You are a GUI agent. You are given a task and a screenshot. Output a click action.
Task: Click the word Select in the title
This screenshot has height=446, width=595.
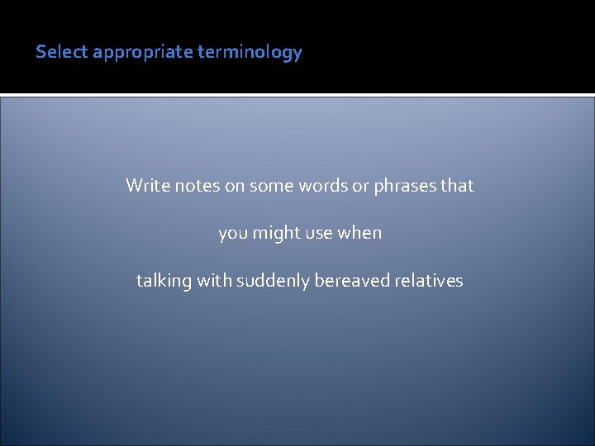(62, 52)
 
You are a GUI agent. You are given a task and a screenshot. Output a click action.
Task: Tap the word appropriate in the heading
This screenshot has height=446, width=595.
(143, 53)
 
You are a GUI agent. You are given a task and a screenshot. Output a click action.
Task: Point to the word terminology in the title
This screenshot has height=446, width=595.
(250, 53)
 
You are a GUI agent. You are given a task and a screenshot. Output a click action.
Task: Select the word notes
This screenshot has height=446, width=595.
(197, 186)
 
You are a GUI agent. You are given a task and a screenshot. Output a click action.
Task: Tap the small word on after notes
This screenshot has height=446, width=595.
(235, 186)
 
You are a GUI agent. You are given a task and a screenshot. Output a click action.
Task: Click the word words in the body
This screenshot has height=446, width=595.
(322, 186)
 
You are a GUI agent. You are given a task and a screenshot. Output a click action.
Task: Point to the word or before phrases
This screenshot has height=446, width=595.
(360, 186)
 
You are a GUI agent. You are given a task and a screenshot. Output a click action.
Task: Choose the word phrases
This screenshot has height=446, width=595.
(404, 186)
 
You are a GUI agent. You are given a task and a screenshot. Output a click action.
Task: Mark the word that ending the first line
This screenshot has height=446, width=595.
(457, 186)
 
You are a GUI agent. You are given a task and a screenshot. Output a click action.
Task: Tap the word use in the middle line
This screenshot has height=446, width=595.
(319, 234)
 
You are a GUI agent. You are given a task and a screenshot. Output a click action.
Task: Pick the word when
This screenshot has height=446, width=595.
(360, 233)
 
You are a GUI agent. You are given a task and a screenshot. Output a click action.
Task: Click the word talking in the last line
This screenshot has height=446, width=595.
(163, 281)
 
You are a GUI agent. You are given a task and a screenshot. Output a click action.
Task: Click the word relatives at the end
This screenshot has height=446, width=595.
(429, 281)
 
